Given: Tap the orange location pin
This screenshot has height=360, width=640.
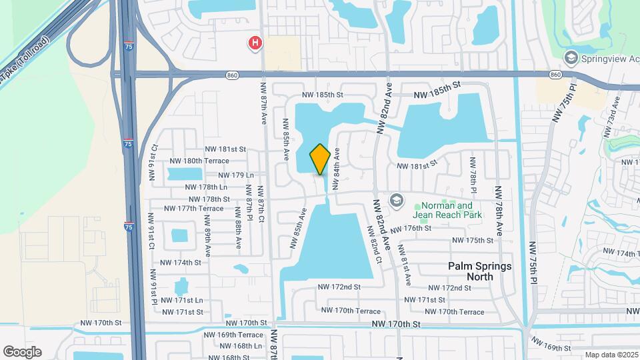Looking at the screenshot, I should (320, 159).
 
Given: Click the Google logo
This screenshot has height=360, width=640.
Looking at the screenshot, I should (22, 352).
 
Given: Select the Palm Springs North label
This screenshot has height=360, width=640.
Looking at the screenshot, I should (479, 271).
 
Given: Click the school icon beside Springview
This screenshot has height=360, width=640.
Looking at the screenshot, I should (570, 59).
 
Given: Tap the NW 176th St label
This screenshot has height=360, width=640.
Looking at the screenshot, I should (411, 229).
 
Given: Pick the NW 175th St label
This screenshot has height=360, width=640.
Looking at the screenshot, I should (472, 240).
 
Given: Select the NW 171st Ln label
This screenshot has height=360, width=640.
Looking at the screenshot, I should (182, 300).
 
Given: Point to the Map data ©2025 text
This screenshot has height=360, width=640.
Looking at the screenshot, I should (610, 355).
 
